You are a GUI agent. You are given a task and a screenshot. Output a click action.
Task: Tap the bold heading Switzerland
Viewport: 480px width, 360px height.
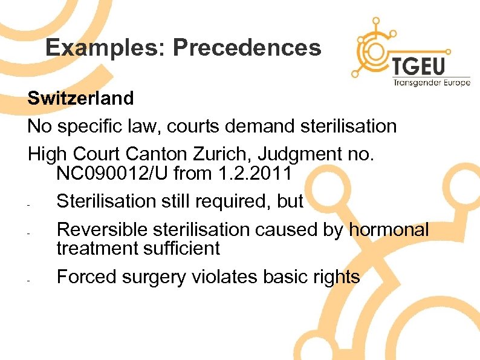tap(80, 98)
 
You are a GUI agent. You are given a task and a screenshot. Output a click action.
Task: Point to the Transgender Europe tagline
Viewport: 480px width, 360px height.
tap(431, 83)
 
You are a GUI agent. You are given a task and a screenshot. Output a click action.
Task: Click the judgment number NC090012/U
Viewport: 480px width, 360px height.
tap(112, 174)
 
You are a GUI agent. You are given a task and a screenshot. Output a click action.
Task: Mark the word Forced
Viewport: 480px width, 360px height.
tap(86, 277)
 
